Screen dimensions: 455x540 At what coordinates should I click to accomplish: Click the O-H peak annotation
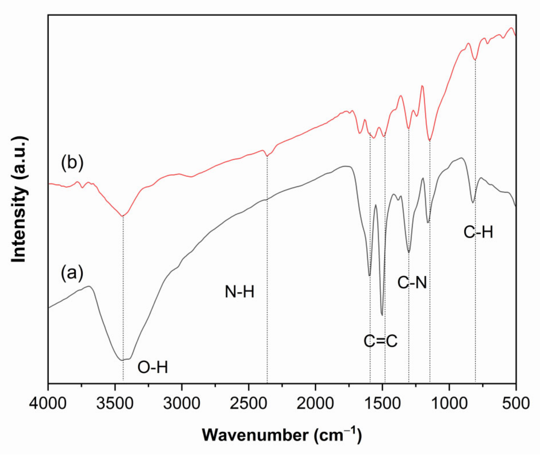point(153,368)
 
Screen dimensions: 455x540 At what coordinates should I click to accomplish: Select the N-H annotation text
point(239,292)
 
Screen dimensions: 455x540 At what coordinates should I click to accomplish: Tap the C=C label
point(381,341)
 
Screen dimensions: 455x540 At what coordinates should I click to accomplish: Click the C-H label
point(478,232)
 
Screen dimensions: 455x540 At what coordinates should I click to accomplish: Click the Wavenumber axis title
point(282,435)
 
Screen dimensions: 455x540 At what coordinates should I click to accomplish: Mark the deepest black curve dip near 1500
point(382,315)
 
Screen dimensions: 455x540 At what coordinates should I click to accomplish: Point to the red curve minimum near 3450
point(122,216)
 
